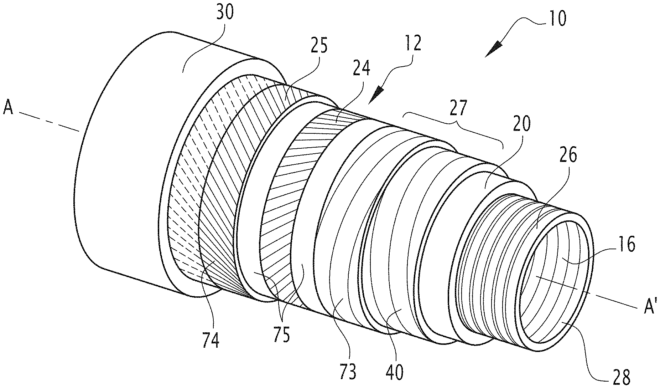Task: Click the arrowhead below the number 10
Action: [x=494, y=49]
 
